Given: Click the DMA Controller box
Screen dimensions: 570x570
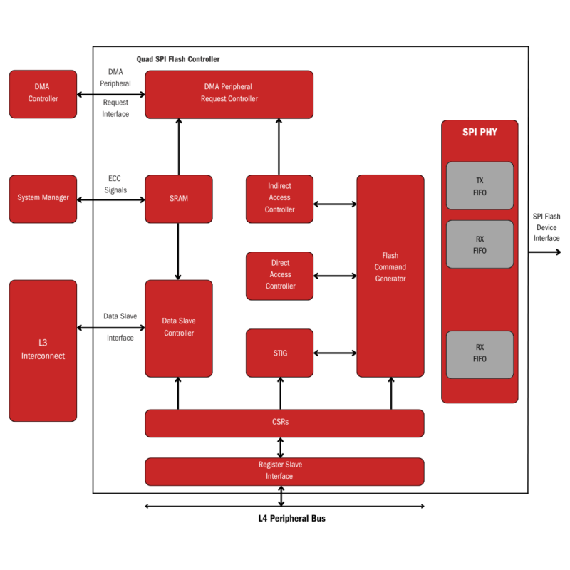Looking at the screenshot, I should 43,94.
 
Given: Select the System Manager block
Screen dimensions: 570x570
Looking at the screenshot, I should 43,198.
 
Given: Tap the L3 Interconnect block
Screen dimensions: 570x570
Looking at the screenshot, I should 43,350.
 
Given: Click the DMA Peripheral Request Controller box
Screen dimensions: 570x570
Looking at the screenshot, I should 229,93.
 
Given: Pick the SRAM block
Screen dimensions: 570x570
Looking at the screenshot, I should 179,199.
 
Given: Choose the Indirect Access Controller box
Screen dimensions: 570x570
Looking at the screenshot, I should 279,198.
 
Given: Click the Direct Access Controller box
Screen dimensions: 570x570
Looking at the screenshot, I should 279,275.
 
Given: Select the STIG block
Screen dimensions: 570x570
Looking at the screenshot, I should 279,353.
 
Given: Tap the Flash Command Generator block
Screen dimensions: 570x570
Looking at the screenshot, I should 390,275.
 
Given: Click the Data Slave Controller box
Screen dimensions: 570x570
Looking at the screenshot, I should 179,328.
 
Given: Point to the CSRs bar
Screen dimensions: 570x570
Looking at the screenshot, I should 284,423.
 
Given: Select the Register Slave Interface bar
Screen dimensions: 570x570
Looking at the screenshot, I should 284,471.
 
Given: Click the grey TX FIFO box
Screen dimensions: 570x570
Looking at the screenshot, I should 480,186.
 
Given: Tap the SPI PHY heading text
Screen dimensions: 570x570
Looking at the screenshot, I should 480,133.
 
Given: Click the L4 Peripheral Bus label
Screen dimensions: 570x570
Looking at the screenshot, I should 291,519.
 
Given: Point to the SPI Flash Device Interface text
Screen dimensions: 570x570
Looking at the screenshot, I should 546,227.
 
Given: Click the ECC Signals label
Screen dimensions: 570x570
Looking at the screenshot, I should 115,185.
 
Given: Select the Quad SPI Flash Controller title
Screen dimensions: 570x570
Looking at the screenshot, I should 178,59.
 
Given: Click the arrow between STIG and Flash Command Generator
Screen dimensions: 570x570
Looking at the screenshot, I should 335,353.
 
